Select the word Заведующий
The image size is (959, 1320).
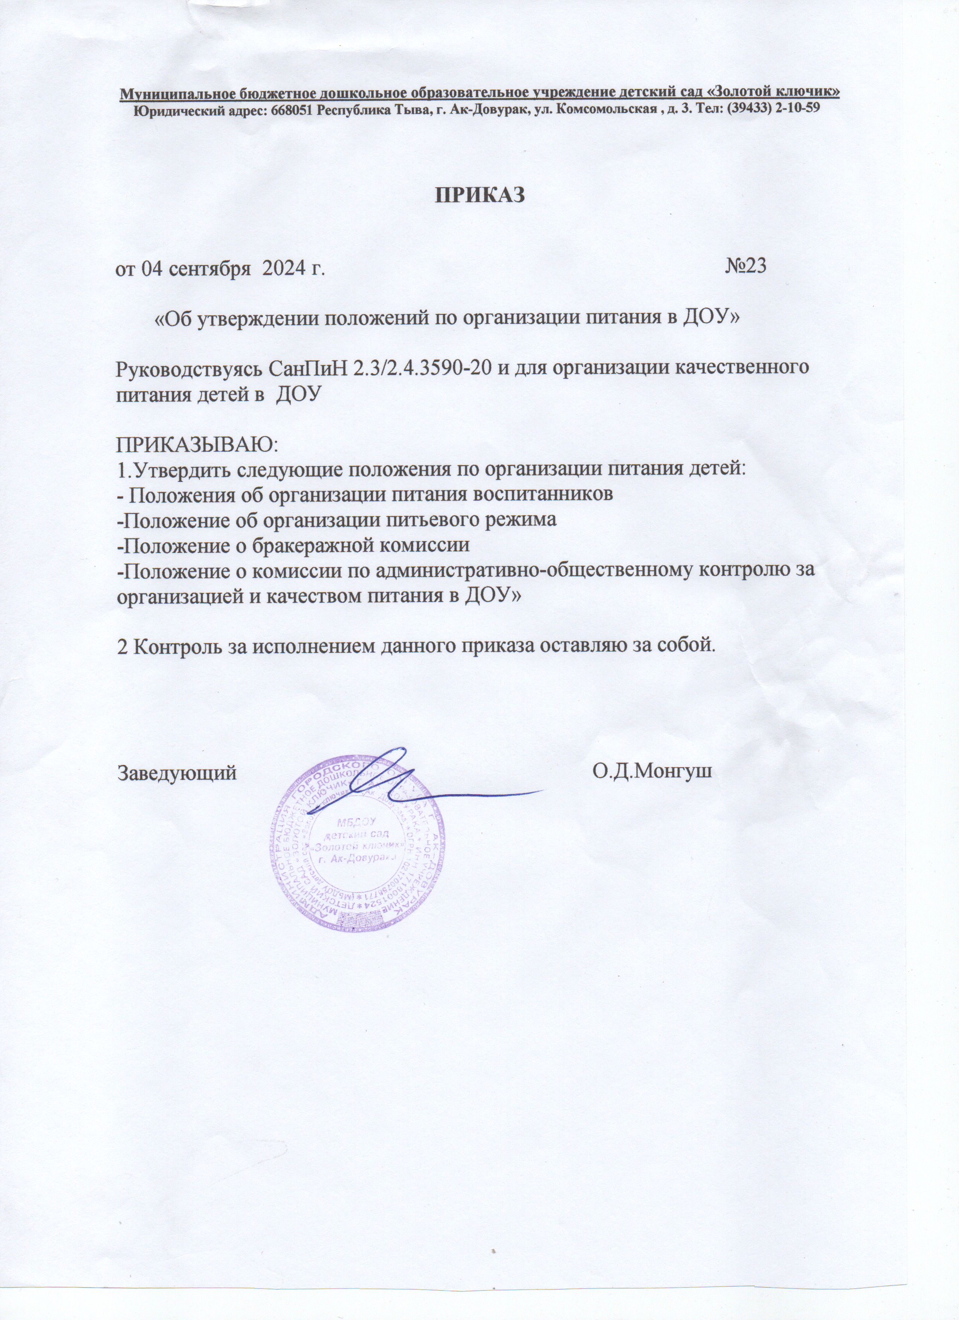click(178, 773)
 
